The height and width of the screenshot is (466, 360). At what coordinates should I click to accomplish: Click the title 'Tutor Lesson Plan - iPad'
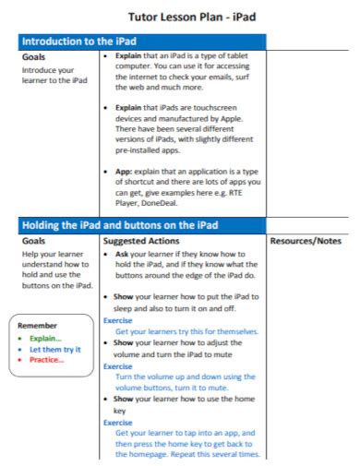pyautogui.click(x=179, y=18)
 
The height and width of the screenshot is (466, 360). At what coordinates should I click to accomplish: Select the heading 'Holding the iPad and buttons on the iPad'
pyautogui.click(x=120, y=224)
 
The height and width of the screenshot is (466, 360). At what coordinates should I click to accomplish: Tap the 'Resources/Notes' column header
pyautogui.click(x=304, y=241)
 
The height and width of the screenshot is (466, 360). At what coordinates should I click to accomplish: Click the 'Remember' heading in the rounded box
pyautogui.click(x=38, y=325)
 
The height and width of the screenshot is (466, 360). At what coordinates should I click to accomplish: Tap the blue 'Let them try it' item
pyautogui.click(x=55, y=349)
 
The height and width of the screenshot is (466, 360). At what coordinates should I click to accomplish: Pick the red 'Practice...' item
pyautogui.click(x=47, y=360)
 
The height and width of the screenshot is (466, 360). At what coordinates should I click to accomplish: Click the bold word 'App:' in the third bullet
pyautogui.click(x=125, y=173)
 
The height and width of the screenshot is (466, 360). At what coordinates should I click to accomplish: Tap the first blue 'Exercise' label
pyautogui.click(x=118, y=320)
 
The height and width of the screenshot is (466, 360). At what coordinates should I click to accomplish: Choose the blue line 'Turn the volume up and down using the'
pyautogui.click(x=185, y=376)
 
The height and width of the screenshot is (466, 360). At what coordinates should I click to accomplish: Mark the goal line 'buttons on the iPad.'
pyautogui.click(x=57, y=286)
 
